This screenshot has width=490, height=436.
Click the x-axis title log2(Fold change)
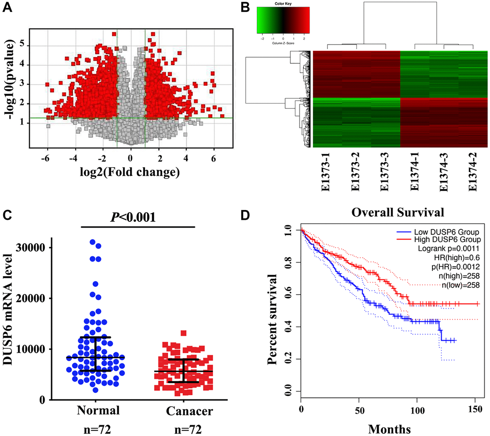(x=130, y=172)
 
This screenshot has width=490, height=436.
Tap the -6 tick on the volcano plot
(x=45, y=159)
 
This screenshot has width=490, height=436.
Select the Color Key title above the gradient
(x=283, y=4)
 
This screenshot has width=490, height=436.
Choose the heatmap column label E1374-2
(x=473, y=172)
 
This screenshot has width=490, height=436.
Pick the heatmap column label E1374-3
(x=444, y=172)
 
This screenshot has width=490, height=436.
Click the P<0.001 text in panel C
(x=134, y=217)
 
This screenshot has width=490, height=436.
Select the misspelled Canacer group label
(x=189, y=411)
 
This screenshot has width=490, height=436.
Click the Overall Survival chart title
(x=398, y=212)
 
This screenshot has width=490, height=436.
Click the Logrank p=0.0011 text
(x=448, y=248)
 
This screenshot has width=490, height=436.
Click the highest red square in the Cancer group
(x=183, y=333)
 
